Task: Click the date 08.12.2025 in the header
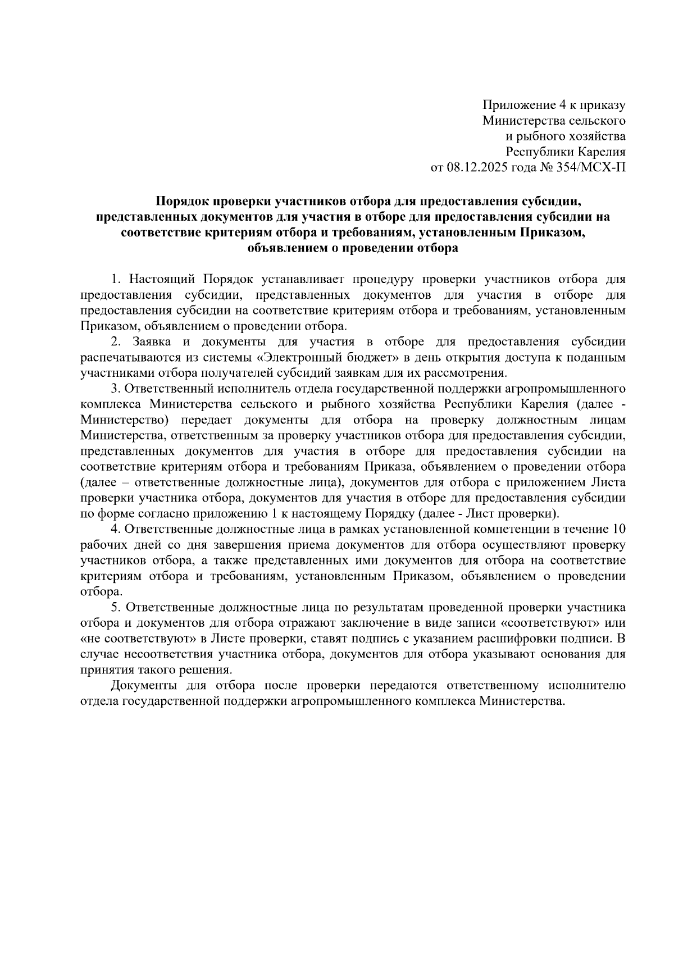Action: [x=476, y=167]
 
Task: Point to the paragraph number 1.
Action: [x=115, y=280]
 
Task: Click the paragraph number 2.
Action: [x=115, y=341]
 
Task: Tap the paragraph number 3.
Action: [x=115, y=389]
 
